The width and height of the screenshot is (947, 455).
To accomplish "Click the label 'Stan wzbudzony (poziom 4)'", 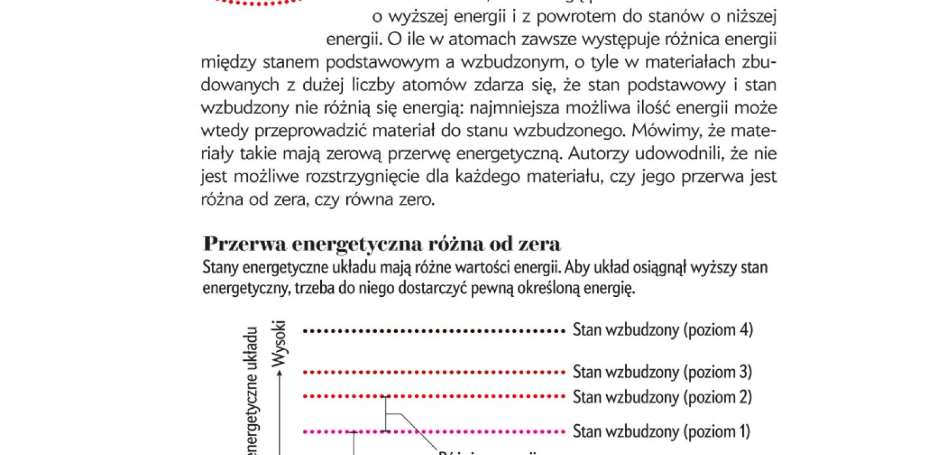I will (x=662, y=330).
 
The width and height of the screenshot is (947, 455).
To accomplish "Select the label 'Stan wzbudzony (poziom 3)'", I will (x=662, y=372).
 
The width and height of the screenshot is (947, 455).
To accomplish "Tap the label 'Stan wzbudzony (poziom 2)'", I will (x=662, y=396).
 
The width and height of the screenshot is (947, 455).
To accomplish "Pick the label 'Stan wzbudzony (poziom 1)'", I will (x=661, y=431).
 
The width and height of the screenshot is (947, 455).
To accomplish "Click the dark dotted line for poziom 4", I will (x=434, y=331).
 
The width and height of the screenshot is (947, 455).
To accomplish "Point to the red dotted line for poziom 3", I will (x=434, y=373).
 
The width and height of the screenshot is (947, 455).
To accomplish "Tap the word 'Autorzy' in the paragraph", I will (x=599, y=154).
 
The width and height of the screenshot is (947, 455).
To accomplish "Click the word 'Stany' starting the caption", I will (x=220, y=268).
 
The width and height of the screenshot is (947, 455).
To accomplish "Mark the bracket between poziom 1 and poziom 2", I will (x=386, y=414).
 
